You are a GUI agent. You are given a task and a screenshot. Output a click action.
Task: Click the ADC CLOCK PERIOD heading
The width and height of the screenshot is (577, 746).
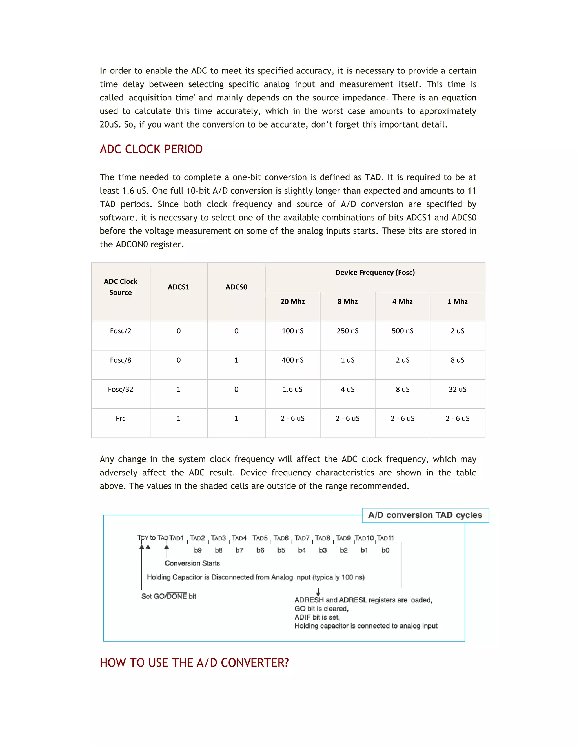tap(151, 149)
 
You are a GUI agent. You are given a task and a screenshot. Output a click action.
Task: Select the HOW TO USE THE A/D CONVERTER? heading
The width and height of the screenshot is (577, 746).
tap(194, 663)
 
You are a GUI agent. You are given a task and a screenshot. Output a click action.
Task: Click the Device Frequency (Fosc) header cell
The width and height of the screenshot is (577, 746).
tap(375, 272)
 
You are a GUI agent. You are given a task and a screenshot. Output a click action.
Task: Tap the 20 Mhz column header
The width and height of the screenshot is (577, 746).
tap(293, 301)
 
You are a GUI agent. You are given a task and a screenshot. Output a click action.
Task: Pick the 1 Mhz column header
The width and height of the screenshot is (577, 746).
tap(457, 301)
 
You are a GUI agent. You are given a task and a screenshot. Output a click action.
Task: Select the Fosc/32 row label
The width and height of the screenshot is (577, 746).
tap(121, 389)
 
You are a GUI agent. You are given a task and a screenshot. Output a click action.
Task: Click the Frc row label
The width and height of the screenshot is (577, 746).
tap(121, 418)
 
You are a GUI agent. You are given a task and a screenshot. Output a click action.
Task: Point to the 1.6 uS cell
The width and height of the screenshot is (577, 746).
tap(293, 389)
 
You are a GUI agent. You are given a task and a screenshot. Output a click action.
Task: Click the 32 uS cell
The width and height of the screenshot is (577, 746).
tap(457, 389)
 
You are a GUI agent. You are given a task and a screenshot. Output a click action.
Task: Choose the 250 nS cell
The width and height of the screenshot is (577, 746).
tap(348, 331)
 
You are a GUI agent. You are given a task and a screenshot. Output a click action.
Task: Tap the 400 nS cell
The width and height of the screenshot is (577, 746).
tap(293, 360)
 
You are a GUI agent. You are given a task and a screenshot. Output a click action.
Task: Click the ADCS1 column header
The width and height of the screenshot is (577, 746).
tap(178, 287)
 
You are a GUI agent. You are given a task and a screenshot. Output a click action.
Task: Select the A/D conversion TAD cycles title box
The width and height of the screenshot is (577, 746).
tap(425, 515)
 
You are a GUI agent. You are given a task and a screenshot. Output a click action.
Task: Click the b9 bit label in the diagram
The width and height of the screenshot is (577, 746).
tap(198, 550)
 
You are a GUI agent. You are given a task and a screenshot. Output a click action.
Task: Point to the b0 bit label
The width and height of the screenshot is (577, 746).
tap(385, 550)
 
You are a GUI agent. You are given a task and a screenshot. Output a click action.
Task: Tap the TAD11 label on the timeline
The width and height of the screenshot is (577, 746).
tap(386, 538)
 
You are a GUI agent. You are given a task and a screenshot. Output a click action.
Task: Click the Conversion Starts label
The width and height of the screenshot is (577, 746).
tap(192, 563)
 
